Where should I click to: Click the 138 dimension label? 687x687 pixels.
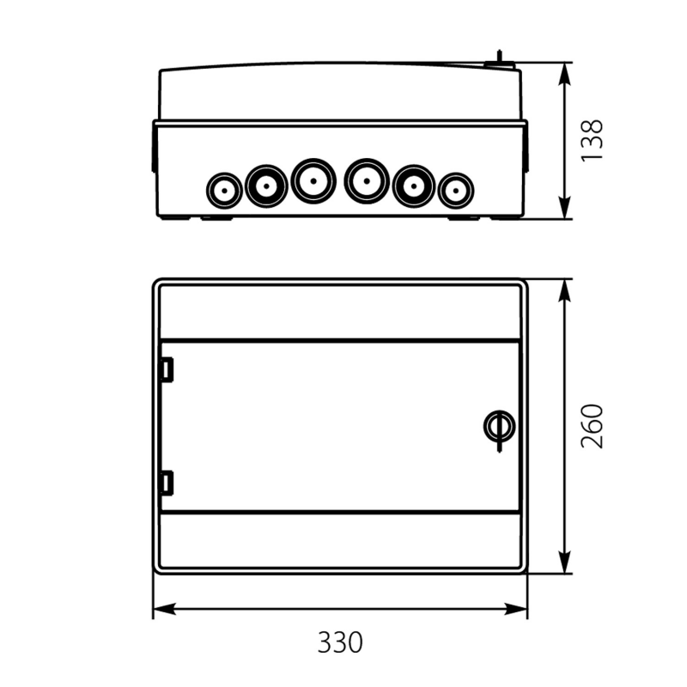(592, 141)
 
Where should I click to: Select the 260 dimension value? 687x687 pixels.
(592, 426)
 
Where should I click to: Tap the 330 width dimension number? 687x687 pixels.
(340, 642)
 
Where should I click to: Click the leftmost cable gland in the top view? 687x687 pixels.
(224, 191)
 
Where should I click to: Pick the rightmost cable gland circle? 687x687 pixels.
(456, 191)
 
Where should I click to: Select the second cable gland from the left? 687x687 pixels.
(266, 185)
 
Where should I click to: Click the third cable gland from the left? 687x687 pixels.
(313, 181)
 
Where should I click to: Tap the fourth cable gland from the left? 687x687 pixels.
(367, 181)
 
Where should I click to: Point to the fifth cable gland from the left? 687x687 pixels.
(414, 185)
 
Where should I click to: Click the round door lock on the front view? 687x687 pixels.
(499, 426)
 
